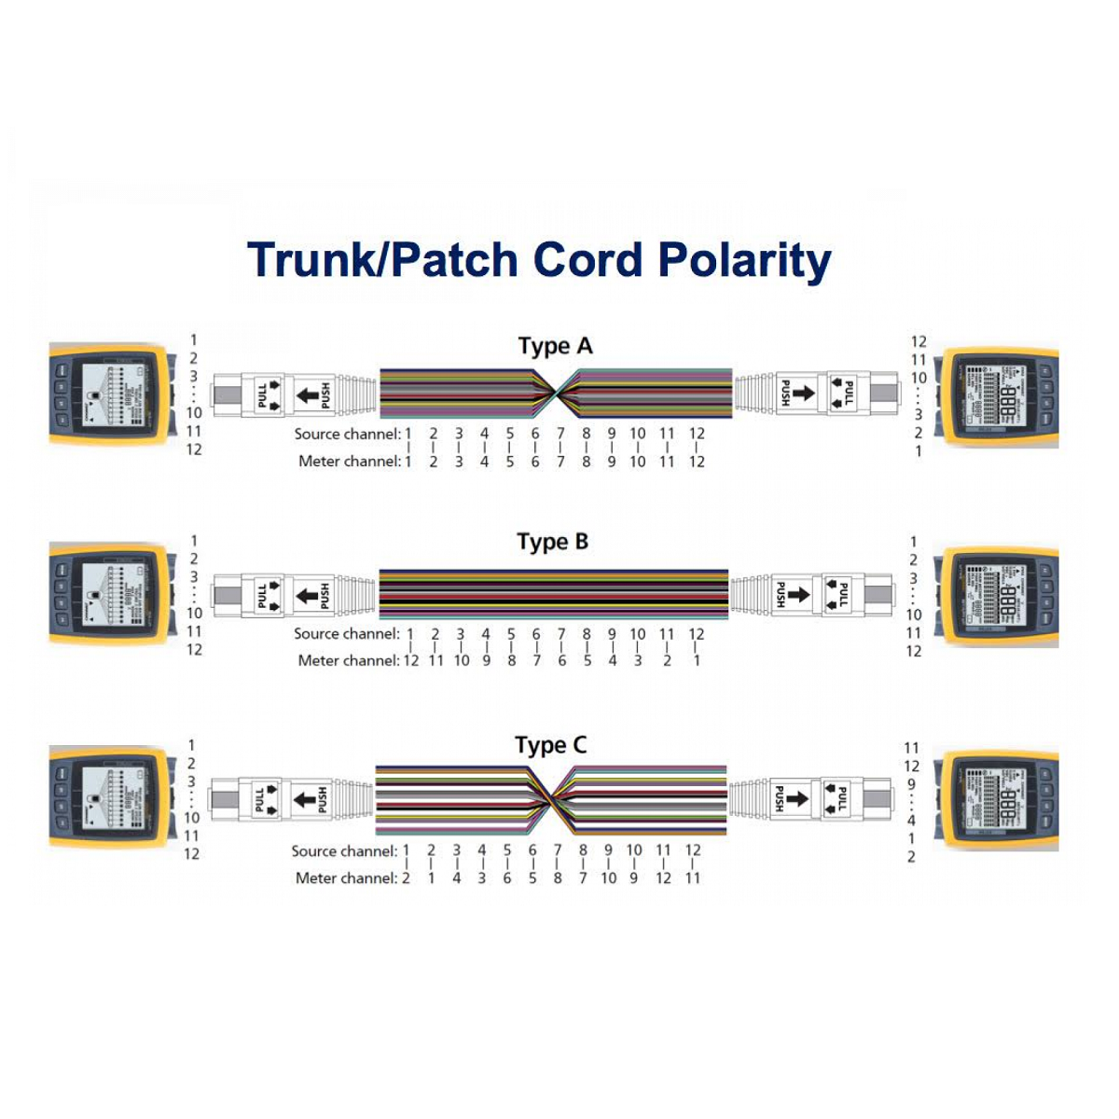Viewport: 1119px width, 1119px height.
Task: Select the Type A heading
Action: (555, 346)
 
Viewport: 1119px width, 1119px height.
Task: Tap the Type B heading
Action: (553, 542)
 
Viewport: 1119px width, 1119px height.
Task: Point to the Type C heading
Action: (551, 745)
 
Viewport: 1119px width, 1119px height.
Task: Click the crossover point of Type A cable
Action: (557, 394)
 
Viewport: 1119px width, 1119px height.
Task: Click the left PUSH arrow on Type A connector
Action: (308, 394)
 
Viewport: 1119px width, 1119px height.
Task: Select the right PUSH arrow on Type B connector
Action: (799, 594)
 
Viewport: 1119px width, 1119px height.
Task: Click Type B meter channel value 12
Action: (410, 660)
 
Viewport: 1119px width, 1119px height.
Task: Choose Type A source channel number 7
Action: (560, 434)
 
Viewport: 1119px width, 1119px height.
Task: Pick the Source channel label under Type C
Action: (344, 850)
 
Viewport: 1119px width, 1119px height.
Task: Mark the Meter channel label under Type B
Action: (348, 660)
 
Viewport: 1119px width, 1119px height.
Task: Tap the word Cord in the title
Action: (587, 260)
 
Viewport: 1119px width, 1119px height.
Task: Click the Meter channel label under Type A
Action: (349, 461)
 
